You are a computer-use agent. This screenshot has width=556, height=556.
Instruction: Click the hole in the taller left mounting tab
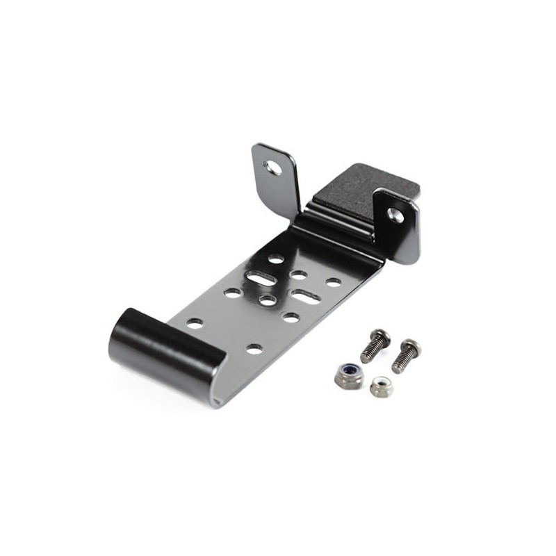point(270,167)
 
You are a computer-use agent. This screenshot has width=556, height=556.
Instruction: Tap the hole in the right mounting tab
point(395,215)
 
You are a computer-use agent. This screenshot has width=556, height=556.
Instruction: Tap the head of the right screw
point(410,345)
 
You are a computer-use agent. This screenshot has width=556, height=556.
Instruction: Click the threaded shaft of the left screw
point(368,353)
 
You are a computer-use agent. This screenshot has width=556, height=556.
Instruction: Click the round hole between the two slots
point(268,300)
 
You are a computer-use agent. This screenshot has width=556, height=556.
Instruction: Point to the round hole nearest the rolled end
point(195,323)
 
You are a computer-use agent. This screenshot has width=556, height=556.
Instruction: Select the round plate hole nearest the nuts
point(255,347)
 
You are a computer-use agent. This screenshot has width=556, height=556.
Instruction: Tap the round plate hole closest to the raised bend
point(276,259)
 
